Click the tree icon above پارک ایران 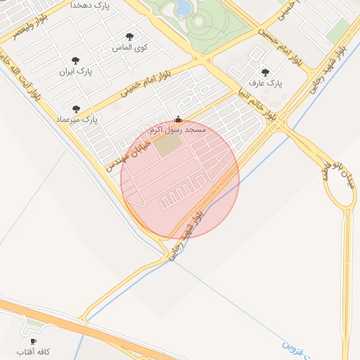(76, 60)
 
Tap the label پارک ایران (76, 72)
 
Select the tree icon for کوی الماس (129, 37)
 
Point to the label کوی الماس (129, 48)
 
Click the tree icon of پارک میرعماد (76, 109)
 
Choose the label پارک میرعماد (77, 120)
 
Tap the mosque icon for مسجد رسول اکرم (177, 120)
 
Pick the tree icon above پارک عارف (265, 72)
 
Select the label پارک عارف (268, 83)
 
